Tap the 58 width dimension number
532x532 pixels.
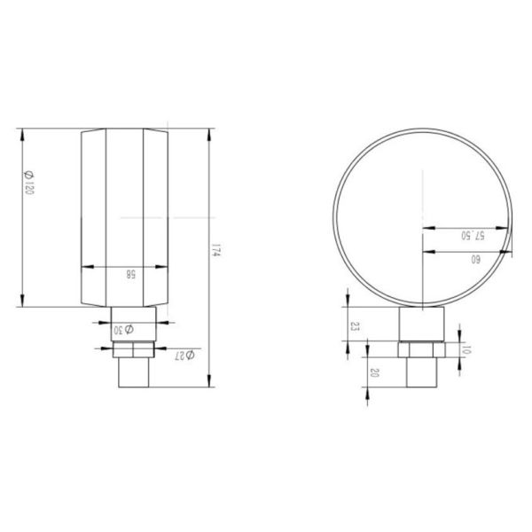131,274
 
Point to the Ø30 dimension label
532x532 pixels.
123,330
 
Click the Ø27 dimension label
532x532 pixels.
184,356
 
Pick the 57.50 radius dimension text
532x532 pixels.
473,236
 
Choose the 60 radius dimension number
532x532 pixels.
475,260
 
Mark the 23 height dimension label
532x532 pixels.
355,326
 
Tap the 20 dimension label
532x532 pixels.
374,373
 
